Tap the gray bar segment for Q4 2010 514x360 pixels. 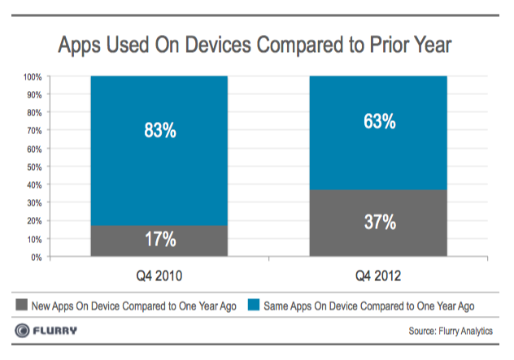[159, 241]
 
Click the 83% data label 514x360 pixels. [159, 129]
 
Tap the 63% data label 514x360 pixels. [379, 122]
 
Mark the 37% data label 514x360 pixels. [379, 223]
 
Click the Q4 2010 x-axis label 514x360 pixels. [159, 276]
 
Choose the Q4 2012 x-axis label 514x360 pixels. [379, 276]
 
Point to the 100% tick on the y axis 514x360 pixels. [33, 77]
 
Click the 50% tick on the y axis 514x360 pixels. [34, 167]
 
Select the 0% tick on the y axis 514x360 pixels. [37, 258]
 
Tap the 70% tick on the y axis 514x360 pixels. [34, 131]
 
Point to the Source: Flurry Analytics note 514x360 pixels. [451, 332]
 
